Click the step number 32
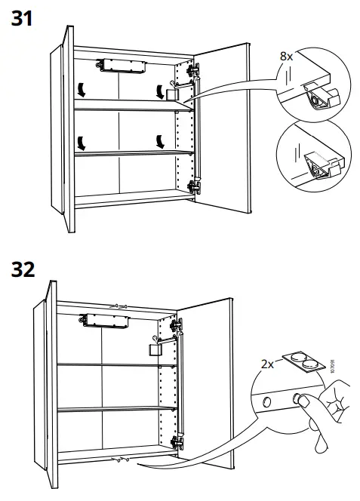(23, 269)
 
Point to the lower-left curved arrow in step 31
(79, 141)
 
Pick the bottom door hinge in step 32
(178, 442)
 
